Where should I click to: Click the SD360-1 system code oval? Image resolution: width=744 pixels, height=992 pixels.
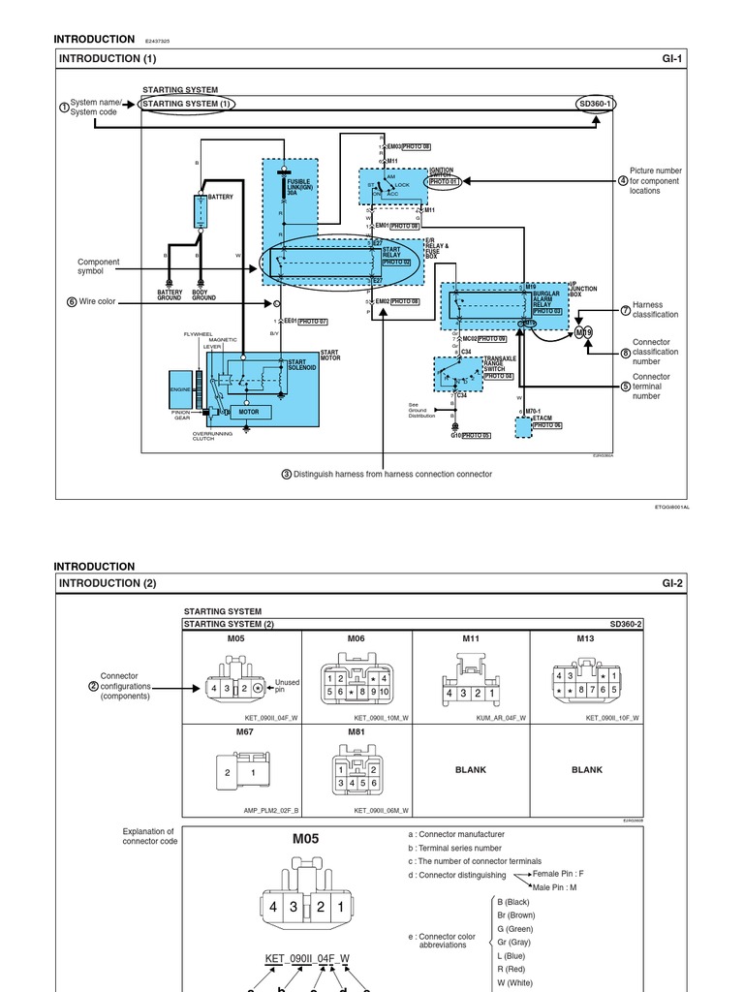pos(596,104)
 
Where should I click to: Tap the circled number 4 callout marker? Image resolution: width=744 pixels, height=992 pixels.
pos(623,180)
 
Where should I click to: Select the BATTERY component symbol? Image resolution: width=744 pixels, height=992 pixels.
pos(201,211)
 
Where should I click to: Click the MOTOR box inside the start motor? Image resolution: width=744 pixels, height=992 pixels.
pos(249,412)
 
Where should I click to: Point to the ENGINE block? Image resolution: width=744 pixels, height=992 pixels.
pos(180,389)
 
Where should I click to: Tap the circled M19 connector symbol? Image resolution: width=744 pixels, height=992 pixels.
pos(584,333)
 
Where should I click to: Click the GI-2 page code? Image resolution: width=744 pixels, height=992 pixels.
pos(672,583)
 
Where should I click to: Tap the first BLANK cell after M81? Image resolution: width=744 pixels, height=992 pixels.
pos(471,770)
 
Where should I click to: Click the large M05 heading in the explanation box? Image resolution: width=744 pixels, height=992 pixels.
pos(305,839)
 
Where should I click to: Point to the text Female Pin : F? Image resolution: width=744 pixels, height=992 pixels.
pos(558,874)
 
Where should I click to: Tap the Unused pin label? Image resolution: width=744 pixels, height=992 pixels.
pos(288,686)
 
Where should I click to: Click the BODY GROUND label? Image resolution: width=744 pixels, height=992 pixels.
pos(203,294)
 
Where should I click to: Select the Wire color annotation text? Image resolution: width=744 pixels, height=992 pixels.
pos(97,302)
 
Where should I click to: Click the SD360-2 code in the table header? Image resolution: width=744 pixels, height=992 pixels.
pos(626,624)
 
